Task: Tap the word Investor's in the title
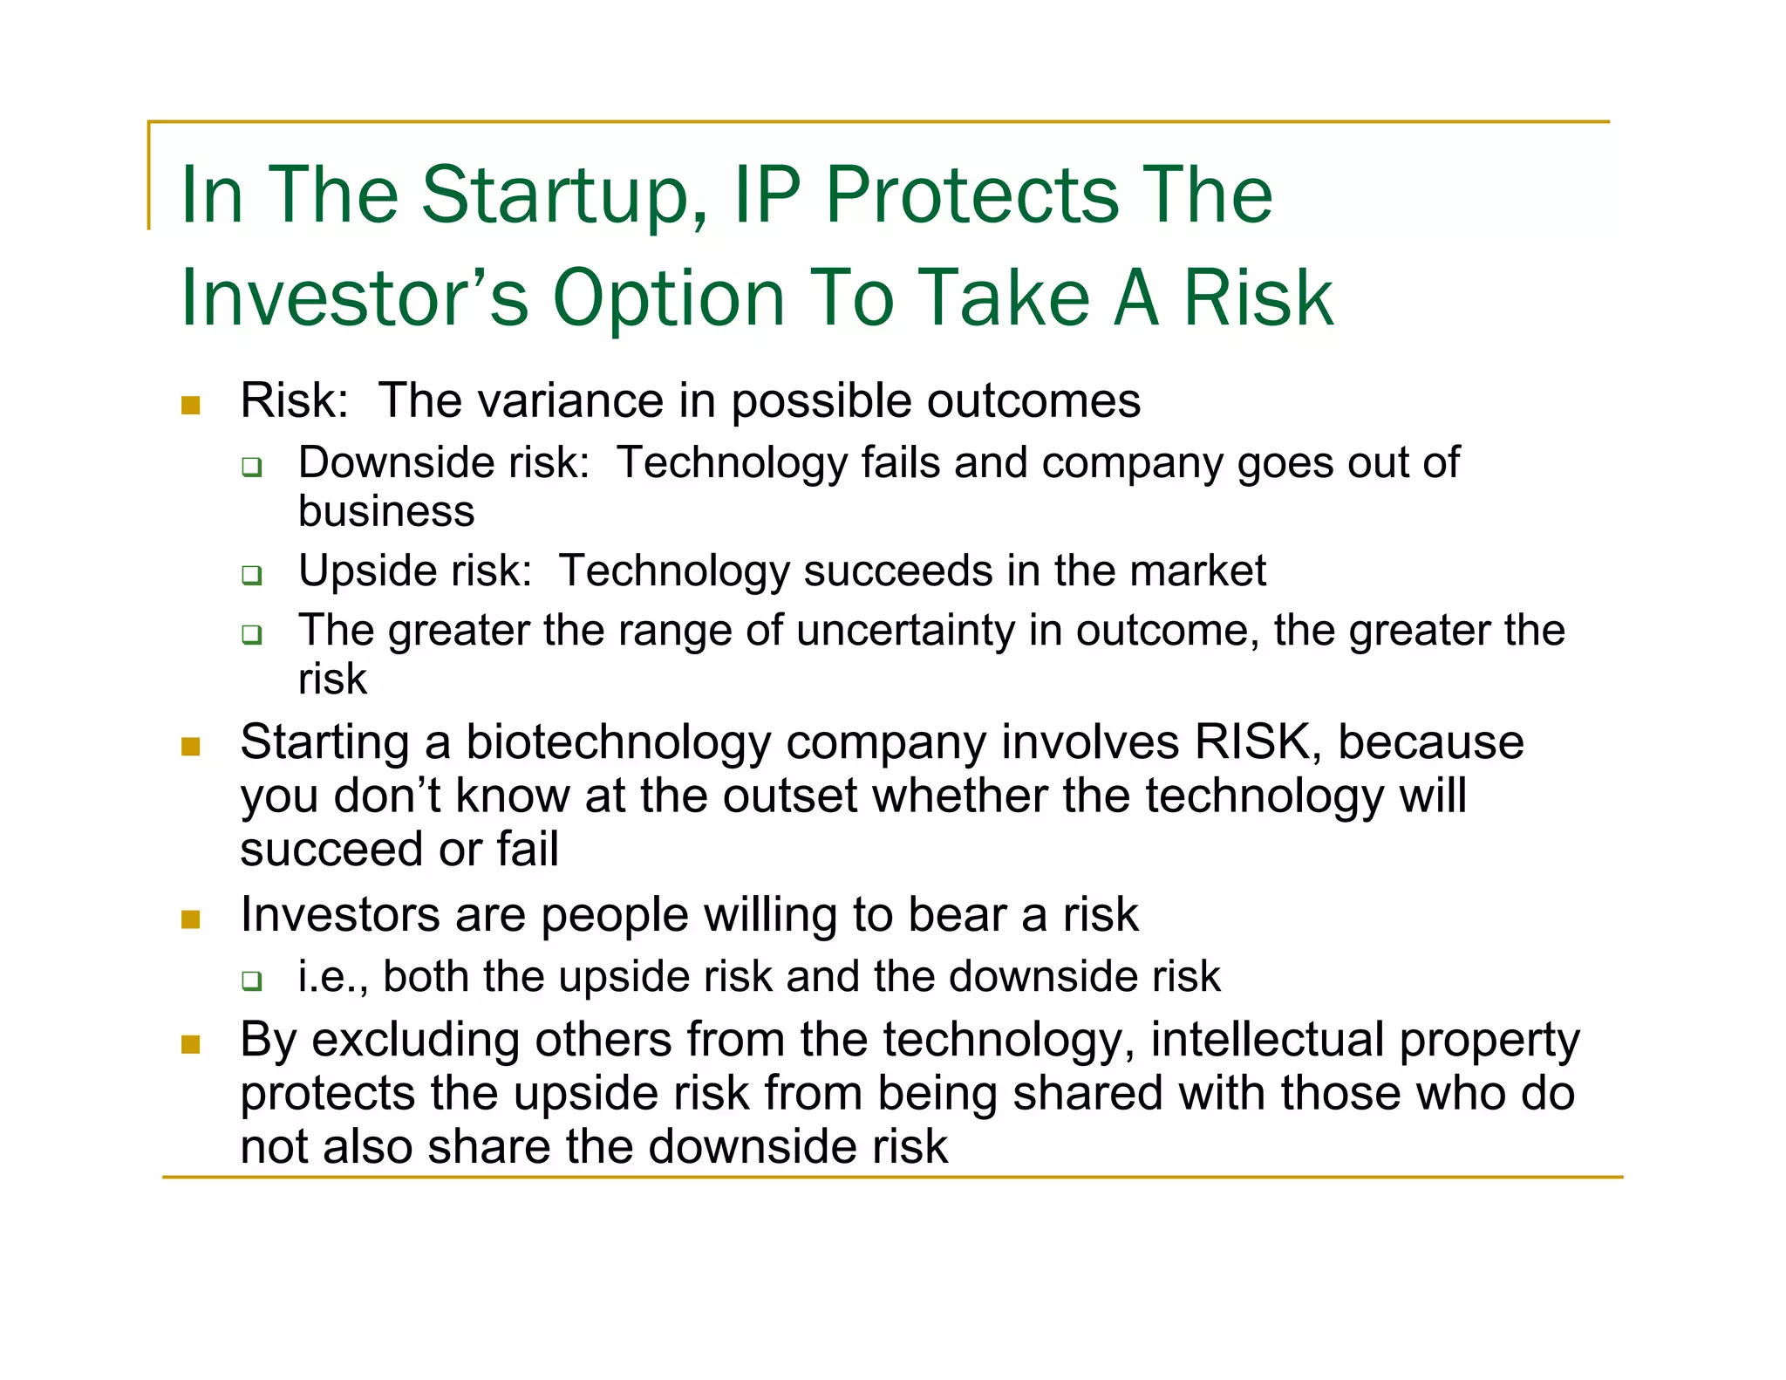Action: coord(354,298)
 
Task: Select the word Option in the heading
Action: coord(669,298)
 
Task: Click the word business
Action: coord(386,511)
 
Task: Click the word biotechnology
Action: coord(618,743)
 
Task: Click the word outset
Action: coord(790,796)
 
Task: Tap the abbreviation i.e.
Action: coord(326,976)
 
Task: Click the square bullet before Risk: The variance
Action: coord(191,406)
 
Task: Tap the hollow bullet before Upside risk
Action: coord(252,575)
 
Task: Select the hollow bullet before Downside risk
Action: coord(252,467)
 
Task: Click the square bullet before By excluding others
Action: coord(191,1044)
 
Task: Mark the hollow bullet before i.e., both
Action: coord(252,980)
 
